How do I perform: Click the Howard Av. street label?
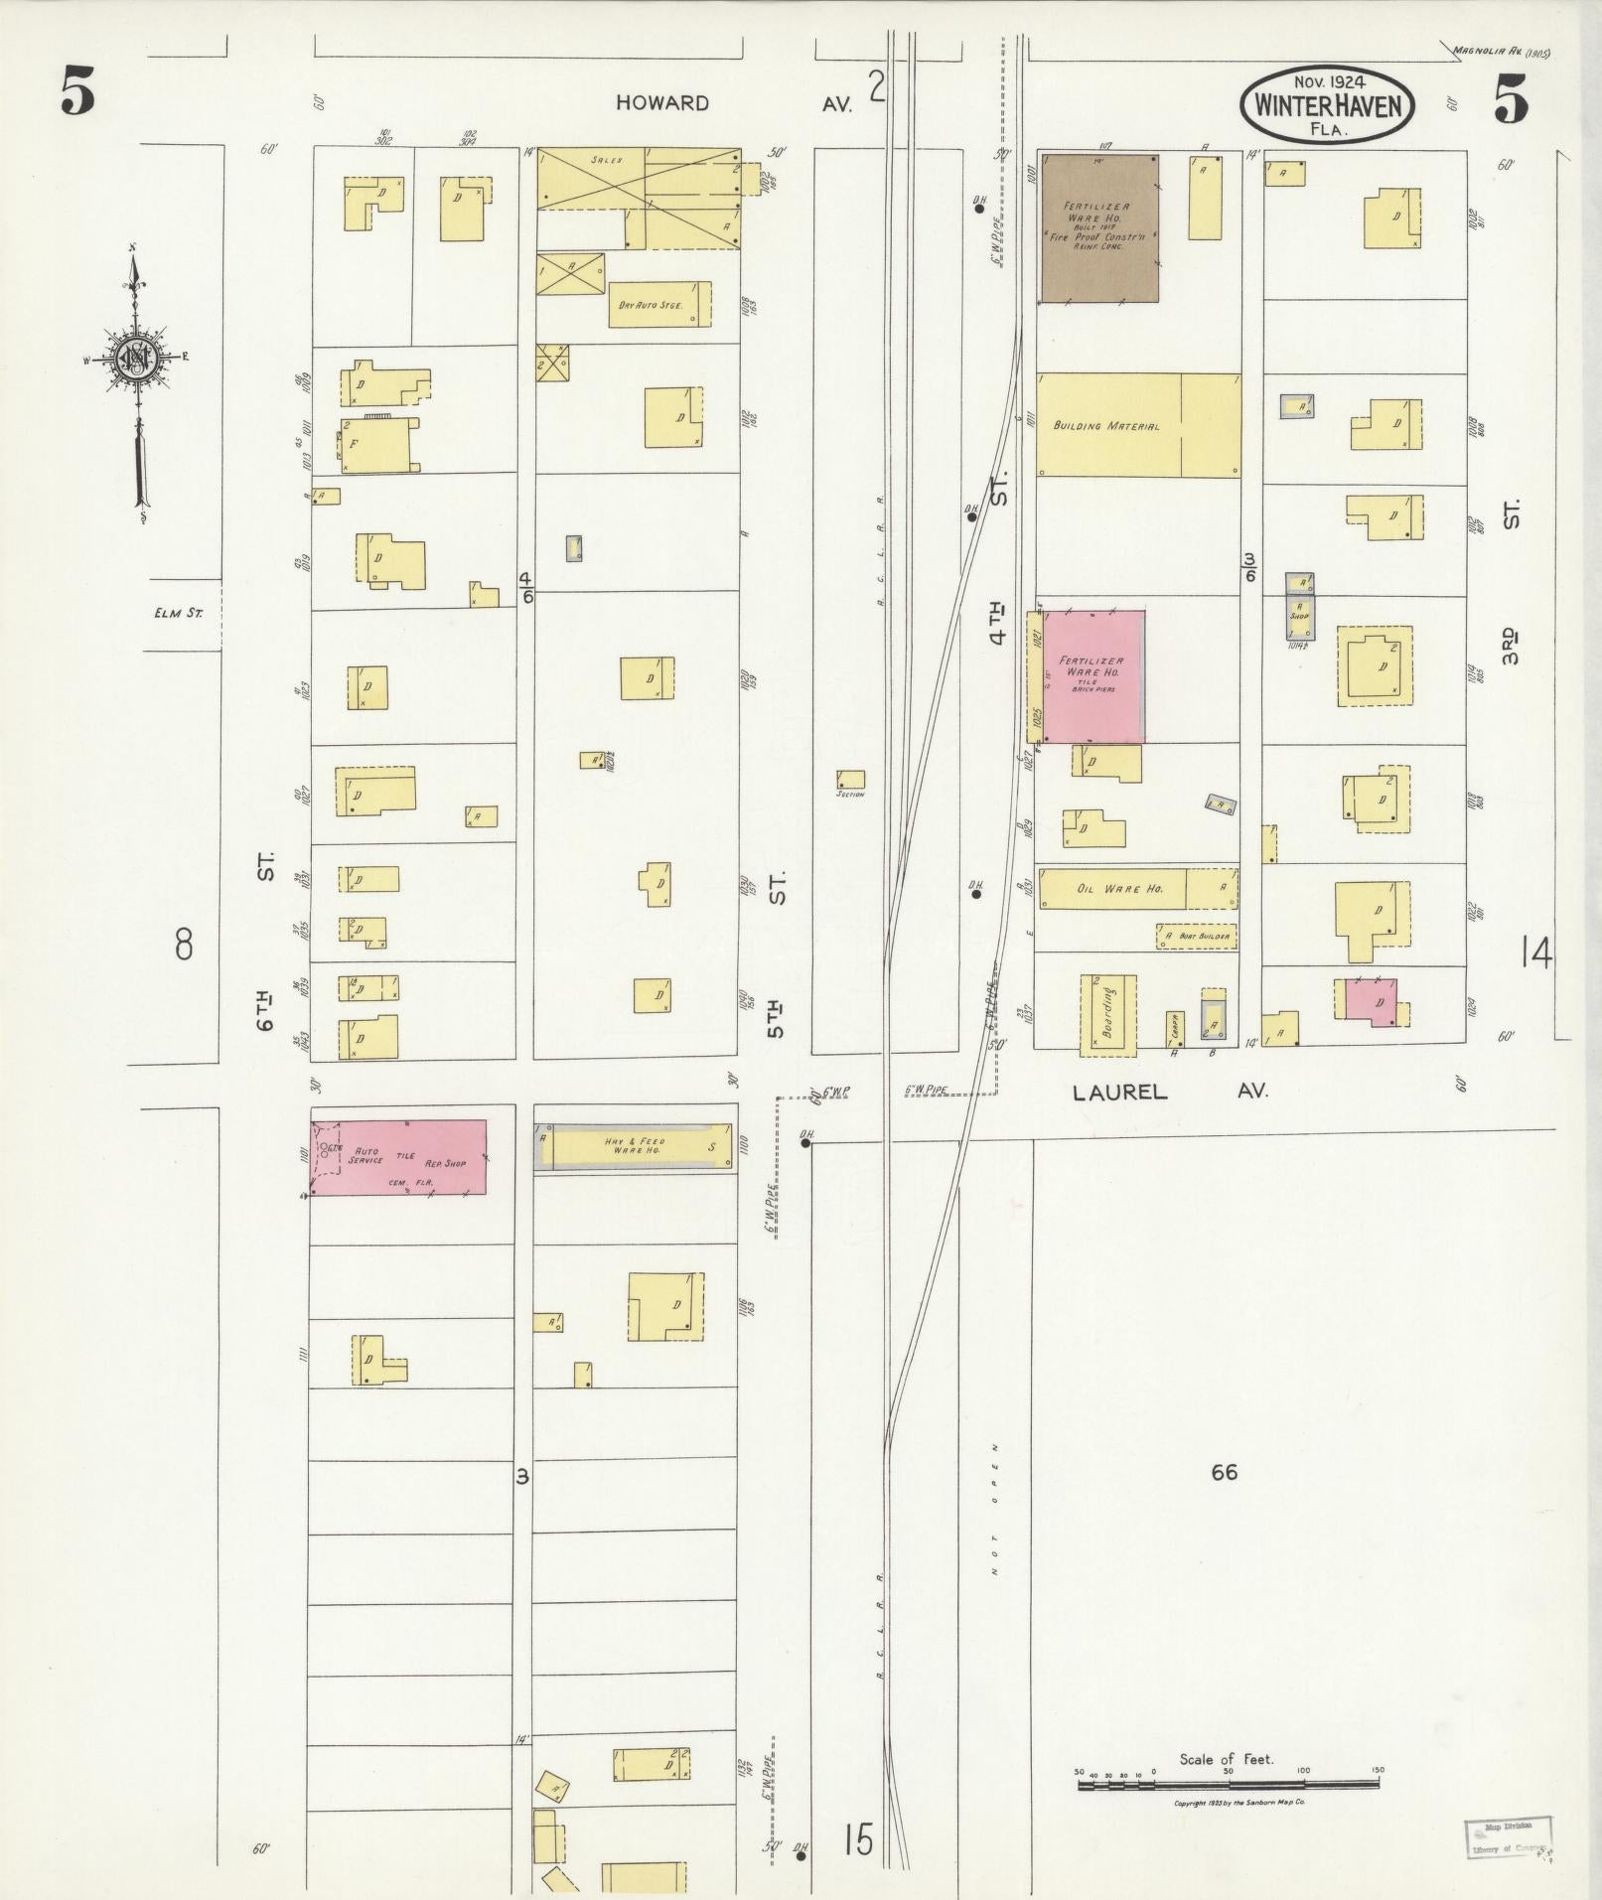(x=733, y=103)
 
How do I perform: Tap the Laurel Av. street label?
(x=1170, y=1092)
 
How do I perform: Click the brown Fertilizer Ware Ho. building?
(x=1098, y=227)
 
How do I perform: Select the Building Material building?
(x=1138, y=425)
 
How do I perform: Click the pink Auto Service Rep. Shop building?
(x=399, y=1157)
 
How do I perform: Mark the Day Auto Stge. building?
(x=659, y=304)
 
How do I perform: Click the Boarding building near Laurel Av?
(x=1107, y=1014)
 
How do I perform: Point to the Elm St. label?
(x=179, y=613)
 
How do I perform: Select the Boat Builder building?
(x=1197, y=936)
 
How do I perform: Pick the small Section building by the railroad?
(x=850, y=780)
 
